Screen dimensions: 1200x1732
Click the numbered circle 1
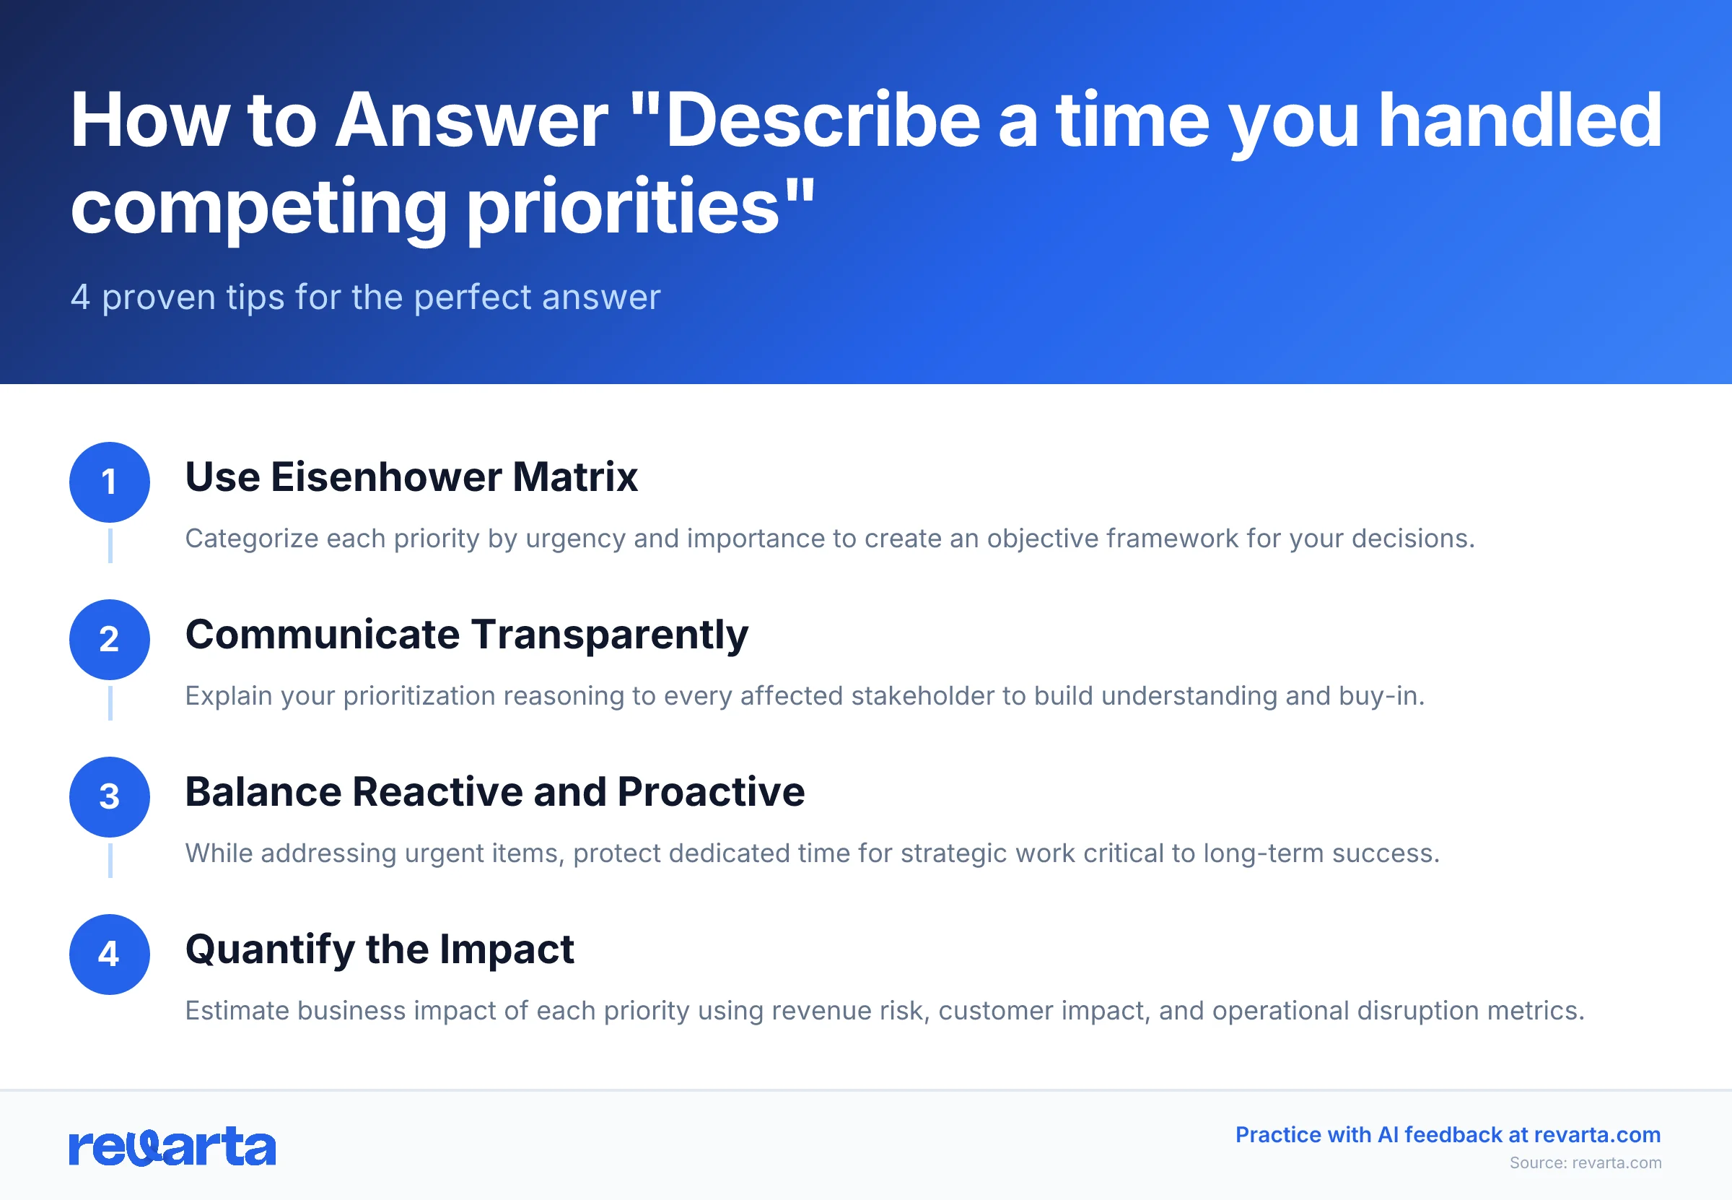[x=110, y=482]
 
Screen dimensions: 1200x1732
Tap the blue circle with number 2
[x=110, y=639]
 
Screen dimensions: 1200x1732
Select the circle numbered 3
[x=110, y=797]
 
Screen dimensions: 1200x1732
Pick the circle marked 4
[x=110, y=954]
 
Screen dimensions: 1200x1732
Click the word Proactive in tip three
[x=711, y=793]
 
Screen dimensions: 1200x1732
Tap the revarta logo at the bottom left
[x=172, y=1147]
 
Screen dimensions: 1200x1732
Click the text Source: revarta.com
[x=1586, y=1162]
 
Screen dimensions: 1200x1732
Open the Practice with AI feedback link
[x=1447, y=1134]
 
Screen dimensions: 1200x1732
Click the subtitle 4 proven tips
[x=365, y=297]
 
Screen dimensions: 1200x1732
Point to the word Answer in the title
[x=471, y=121]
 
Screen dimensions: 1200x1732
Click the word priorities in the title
[x=624, y=206]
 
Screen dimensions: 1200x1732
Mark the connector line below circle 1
[x=110, y=546]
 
